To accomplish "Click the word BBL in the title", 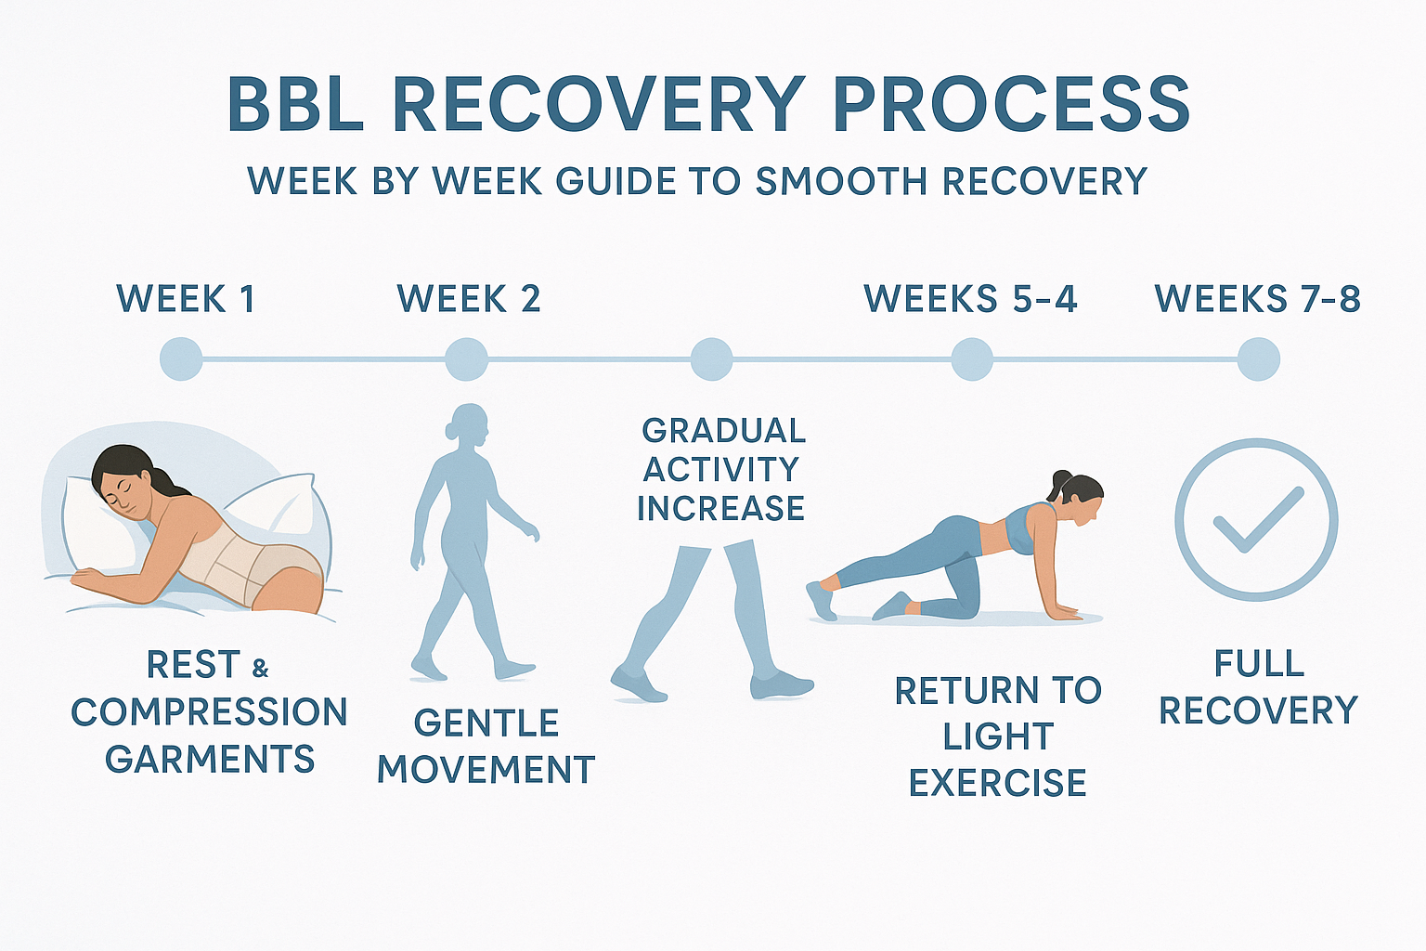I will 294,105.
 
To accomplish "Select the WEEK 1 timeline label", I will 186,299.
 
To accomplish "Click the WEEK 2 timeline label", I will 469,299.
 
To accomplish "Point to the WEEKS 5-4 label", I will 970,299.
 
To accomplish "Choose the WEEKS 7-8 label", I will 1257,299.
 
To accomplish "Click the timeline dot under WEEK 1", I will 181,358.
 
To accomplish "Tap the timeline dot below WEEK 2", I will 466,358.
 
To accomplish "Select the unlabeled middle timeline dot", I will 711,358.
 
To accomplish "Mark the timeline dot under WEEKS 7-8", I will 1258,358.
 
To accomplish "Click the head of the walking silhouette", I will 469,423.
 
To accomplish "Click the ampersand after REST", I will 261,668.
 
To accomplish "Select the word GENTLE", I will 486,723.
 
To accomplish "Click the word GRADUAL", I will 723,431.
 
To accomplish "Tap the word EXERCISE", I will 997,783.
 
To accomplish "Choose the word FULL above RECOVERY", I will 1259,664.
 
